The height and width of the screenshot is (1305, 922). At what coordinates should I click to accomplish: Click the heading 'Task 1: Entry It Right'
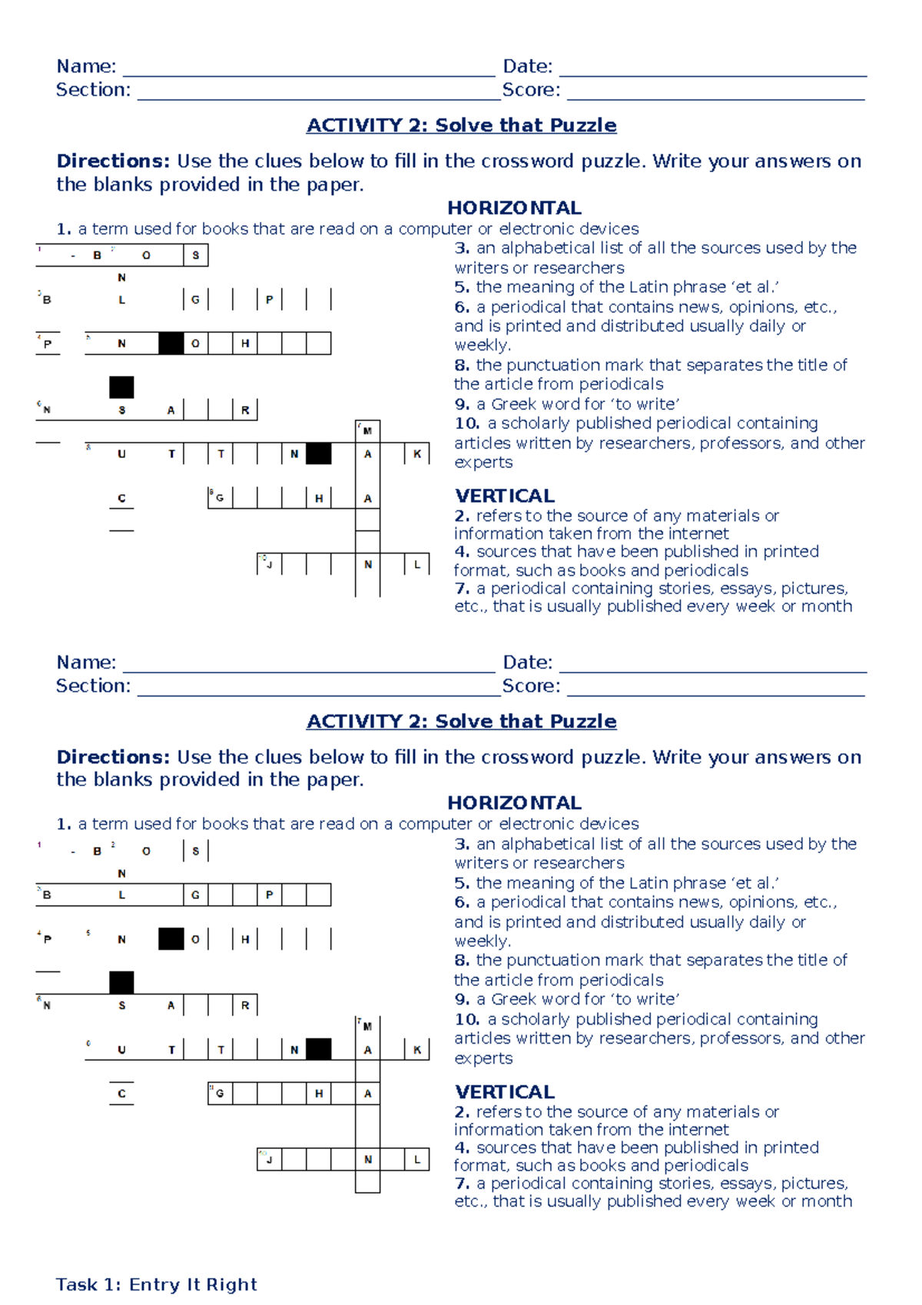point(156,1284)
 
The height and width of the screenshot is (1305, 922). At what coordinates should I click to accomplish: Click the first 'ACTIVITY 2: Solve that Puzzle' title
point(461,125)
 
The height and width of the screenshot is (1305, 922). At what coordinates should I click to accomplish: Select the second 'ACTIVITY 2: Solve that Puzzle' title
point(461,721)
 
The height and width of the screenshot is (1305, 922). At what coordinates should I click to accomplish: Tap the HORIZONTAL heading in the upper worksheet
point(514,208)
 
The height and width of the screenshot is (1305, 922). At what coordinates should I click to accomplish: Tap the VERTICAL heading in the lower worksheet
point(504,1091)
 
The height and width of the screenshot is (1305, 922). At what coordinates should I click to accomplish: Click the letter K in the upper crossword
point(417,454)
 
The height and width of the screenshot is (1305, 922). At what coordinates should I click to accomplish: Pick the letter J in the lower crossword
point(270,1160)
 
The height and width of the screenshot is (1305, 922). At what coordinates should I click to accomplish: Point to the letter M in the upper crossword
point(368,431)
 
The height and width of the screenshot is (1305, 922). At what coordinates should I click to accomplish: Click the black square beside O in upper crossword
point(171,344)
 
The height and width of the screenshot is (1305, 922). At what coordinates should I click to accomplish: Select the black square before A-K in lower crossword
point(319,1049)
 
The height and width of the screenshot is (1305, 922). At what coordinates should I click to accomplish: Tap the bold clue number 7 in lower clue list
point(461,1184)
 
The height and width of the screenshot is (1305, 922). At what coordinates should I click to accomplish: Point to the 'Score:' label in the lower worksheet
point(531,686)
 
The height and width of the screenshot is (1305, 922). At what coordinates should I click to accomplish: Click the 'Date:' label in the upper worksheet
point(527,66)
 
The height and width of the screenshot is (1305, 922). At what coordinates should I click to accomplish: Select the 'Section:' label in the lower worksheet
point(93,686)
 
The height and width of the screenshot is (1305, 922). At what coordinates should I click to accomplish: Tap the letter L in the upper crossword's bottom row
point(417,564)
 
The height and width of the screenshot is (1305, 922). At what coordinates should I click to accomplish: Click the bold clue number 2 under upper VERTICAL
point(461,516)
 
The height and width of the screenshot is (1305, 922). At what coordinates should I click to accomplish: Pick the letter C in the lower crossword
point(121,1094)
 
